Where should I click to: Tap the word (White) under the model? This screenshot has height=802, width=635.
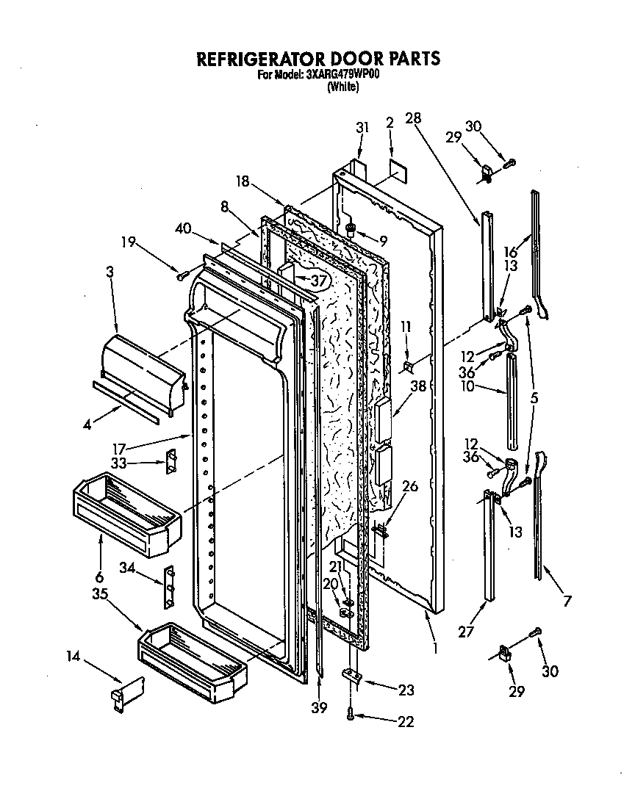(342, 87)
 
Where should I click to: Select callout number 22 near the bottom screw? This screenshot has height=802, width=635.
(406, 722)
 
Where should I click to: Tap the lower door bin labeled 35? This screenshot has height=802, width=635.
(193, 657)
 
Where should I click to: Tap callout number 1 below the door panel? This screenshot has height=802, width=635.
(437, 649)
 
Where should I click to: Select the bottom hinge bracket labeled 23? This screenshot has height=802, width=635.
(354, 676)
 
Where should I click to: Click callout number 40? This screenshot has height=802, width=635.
(183, 228)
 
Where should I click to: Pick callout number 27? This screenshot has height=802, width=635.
(464, 629)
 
